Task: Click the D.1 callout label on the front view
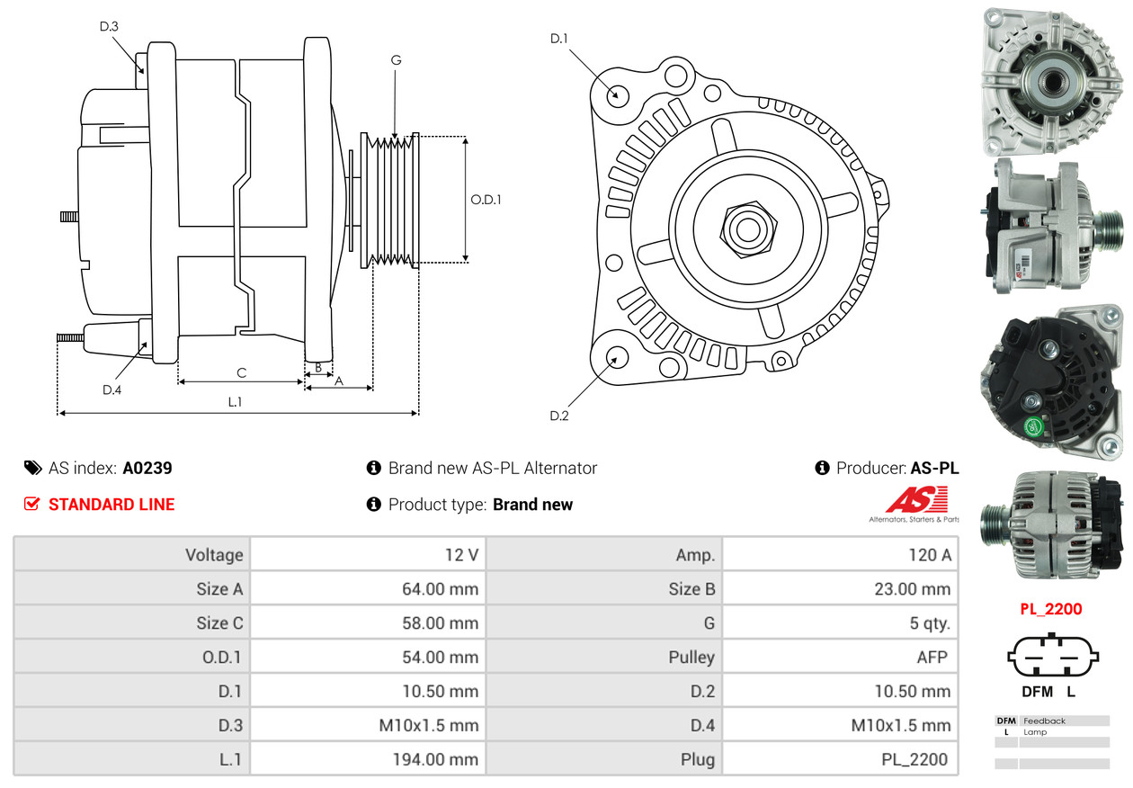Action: tap(559, 39)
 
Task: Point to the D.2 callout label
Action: tap(559, 416)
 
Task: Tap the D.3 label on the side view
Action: tap(109, 27)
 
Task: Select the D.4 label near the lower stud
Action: tap(112, 390)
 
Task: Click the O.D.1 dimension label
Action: tap(486, 200)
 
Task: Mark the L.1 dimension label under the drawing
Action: tap(235, 402)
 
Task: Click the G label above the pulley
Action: tap(396, 60)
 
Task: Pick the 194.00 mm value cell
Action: tap(434, 759)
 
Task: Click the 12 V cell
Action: tap(461, 555)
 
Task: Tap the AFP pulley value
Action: tap(932, 658)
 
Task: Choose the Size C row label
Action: tap(219, 623)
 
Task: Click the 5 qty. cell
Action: tap(929, 623)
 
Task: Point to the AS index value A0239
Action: tap(147, 468)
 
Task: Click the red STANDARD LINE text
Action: tap(112, 505)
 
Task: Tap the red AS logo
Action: tap(916, 500)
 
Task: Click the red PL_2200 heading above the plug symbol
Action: tap(1050, 609)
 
